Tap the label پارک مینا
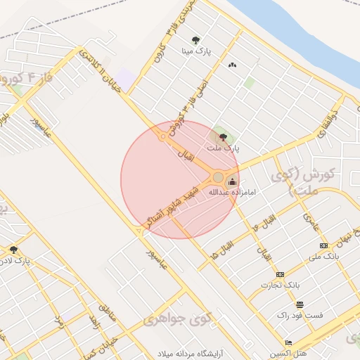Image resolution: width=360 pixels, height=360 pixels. [197, 51]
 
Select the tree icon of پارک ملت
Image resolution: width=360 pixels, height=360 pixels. [224, 137]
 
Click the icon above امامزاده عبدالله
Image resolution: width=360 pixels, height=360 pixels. [233, 181]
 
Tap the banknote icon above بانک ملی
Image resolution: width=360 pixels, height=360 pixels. [323, 245]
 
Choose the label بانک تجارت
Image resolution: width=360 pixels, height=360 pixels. [281, 285]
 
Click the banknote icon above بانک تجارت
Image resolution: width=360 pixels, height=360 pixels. [281, 274]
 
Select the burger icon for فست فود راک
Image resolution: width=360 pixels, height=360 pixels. [300, 304]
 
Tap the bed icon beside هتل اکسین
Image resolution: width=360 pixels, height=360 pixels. [288, 342]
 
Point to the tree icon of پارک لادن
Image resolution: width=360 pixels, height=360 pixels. [13, 250]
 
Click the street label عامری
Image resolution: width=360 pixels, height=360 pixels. [311, 223]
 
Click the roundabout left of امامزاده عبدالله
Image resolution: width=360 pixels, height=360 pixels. [218, 177]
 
